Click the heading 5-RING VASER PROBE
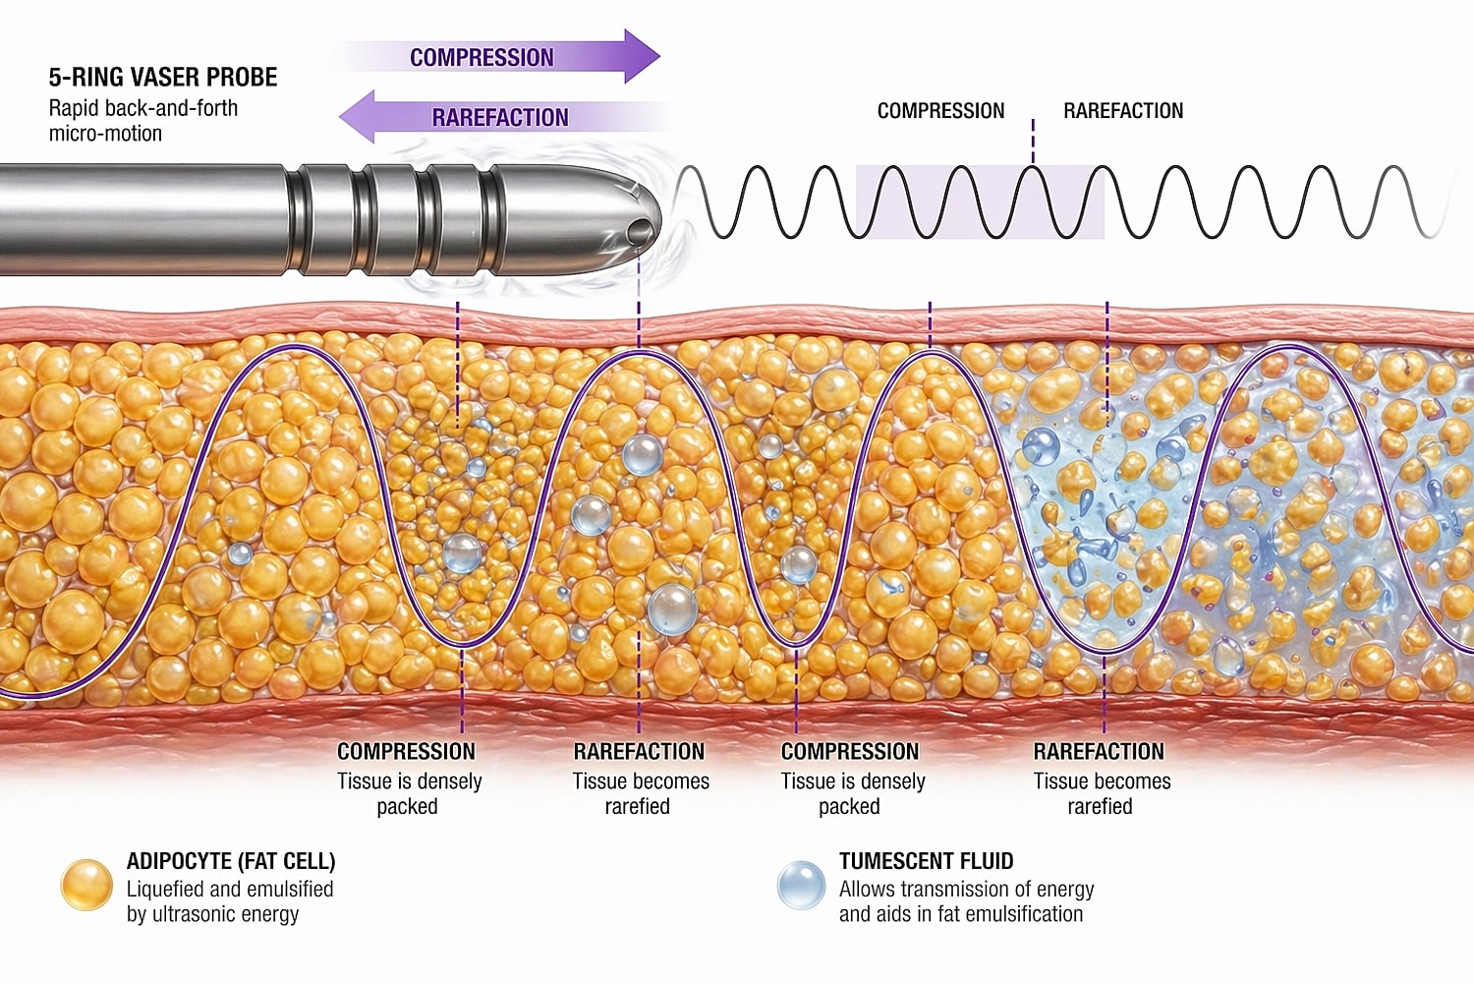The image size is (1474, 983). (x=163, y=78)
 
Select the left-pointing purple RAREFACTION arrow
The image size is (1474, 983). (x=491, y=117)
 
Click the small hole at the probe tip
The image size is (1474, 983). (x=639, y=232)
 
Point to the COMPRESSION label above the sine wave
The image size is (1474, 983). (x=940, y=111)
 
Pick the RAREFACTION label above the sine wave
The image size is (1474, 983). (x=1123, y=111)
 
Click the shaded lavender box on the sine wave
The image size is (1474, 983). (x=980, y=202)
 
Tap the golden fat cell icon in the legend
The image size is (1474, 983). (x=86, y=885)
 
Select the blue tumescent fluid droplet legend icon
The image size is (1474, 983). (x=801, y=885)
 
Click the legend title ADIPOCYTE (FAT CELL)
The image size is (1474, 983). (x=231, y=862)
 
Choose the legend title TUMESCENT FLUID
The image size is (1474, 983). (x=926, y=862)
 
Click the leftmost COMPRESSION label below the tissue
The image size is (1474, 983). (x=406, y=752)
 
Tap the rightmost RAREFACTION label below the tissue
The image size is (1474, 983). (x=1099, y=752)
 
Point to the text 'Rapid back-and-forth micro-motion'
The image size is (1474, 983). (x=143, y=121)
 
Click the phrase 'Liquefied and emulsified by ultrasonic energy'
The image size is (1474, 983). (x=230, y=901)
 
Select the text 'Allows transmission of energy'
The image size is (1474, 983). (x=966, y=890)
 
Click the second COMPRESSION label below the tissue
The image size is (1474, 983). (x=850, y=752)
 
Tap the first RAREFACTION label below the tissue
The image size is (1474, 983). (x=639, y=752)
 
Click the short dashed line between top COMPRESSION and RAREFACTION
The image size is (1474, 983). (x=1033, y=141)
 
